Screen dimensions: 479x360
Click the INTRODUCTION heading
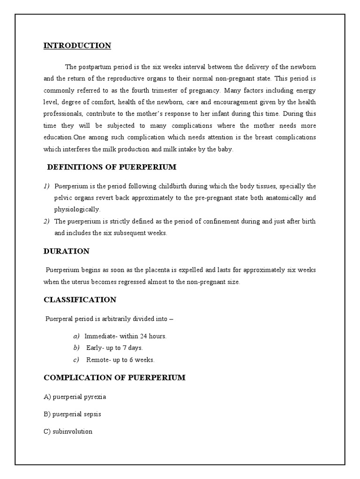pos(77,45)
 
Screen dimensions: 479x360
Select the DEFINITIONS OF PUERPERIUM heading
pos(112,167)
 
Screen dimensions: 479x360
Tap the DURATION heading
pos(66,251)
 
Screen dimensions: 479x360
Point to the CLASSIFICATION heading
pos(80,299)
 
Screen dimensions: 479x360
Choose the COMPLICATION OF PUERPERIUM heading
pos(114,377)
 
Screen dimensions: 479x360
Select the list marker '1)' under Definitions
pos(46,186)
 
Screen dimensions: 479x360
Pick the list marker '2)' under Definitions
pos(46,221)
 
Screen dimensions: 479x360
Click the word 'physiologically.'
pos(77,210)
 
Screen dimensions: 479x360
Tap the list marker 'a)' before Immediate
pos(76,336)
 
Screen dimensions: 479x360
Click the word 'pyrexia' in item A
pos(96,397)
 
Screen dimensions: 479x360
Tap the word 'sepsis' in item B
pos(92,414)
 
